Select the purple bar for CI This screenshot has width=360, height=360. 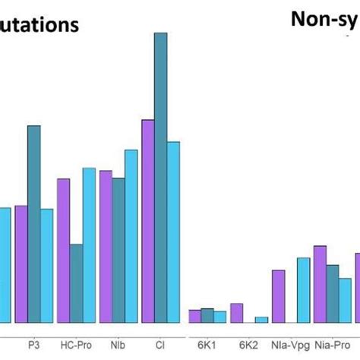[x=148, y=220]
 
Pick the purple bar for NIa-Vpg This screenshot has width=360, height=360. [x=279, y=296]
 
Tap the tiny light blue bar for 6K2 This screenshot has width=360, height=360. [x=261, y=320]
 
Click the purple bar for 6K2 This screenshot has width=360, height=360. [x=237, y=313]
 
